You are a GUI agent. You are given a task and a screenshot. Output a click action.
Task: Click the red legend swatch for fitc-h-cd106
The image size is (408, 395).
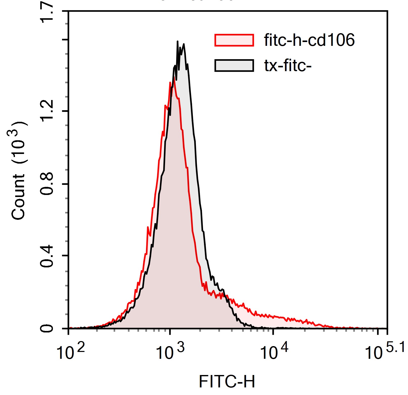[234, 40]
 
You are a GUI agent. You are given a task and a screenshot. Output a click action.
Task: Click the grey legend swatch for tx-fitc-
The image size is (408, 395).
[234, 66]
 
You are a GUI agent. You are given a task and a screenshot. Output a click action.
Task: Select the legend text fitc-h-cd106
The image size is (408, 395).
[309, 40]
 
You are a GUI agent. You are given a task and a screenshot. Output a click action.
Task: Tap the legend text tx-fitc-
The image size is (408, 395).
[288, 66]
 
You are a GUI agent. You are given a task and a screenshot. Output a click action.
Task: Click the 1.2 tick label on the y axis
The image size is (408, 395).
[47, 110]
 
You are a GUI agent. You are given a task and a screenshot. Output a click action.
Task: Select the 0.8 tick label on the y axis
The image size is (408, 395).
[47, 184]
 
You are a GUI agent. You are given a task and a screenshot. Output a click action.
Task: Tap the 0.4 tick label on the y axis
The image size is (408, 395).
[47, 256]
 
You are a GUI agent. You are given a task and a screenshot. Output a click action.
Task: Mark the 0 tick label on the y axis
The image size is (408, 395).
[47, 329]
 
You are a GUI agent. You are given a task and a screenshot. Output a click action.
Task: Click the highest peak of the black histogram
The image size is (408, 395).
[177, 42]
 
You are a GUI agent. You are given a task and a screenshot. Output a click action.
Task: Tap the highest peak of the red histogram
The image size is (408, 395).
[175, 77]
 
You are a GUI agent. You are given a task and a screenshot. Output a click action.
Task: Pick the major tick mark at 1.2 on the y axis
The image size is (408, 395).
[66, 111]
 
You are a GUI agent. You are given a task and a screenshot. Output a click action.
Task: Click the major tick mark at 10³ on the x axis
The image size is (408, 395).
[170, 331]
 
